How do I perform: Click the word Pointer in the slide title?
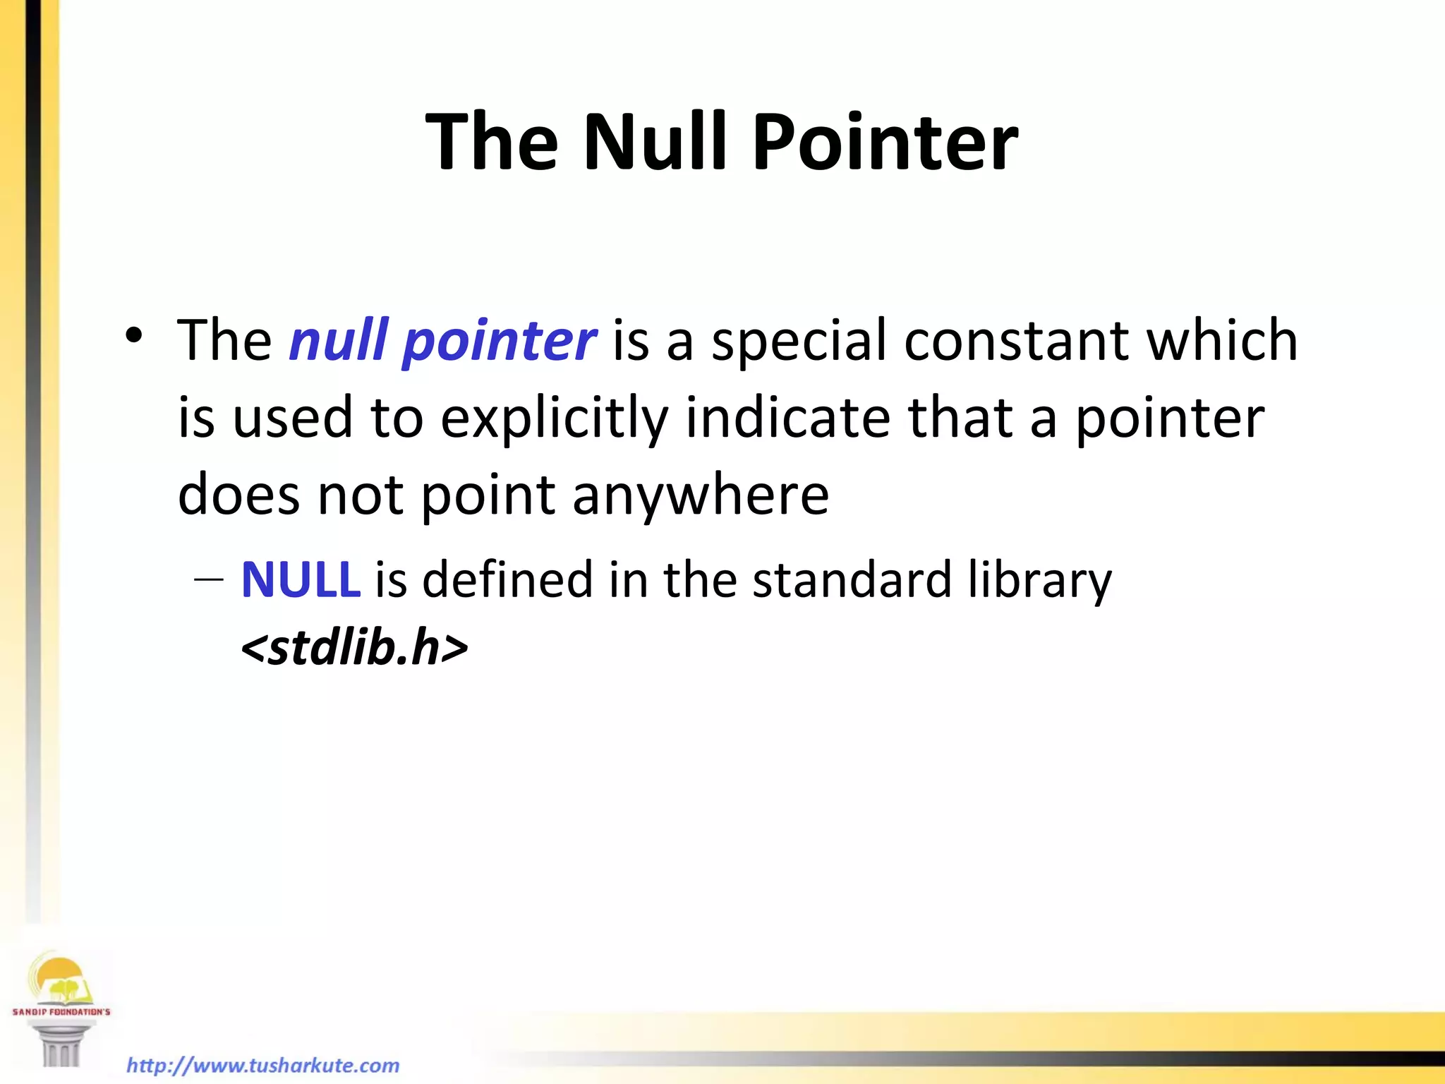coord(885,143)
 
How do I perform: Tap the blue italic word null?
coord(339,340)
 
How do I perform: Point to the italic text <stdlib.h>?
coord(354,648)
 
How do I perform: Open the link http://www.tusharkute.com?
coord(262,1065)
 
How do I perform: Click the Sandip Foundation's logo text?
coord(61,1011)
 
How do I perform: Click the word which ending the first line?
coord(1221,340)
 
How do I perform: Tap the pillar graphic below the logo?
coord(61,1043)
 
